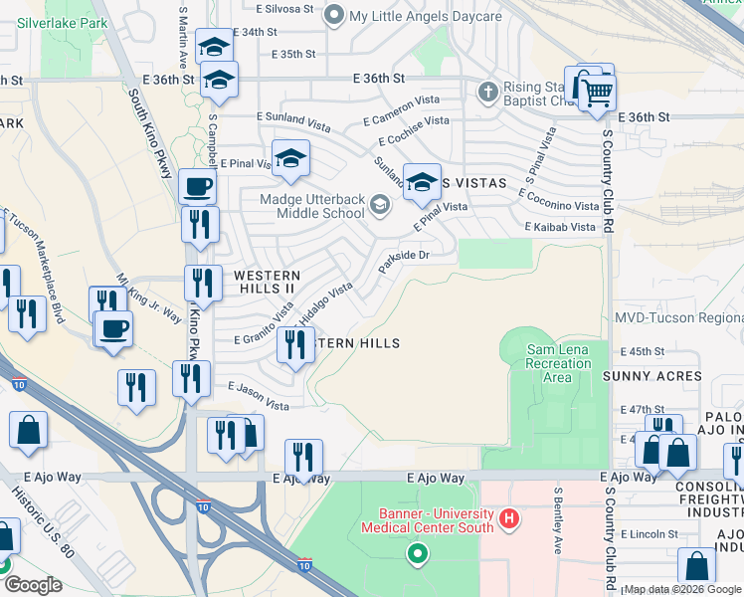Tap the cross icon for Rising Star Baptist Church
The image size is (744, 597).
[487, 93]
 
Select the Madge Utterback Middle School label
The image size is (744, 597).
[311, 205]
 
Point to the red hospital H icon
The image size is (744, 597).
[509, 518]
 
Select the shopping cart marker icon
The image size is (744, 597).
[598, 93]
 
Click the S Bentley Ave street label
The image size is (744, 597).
[559, 519]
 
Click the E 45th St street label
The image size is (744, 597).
[642, 351]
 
